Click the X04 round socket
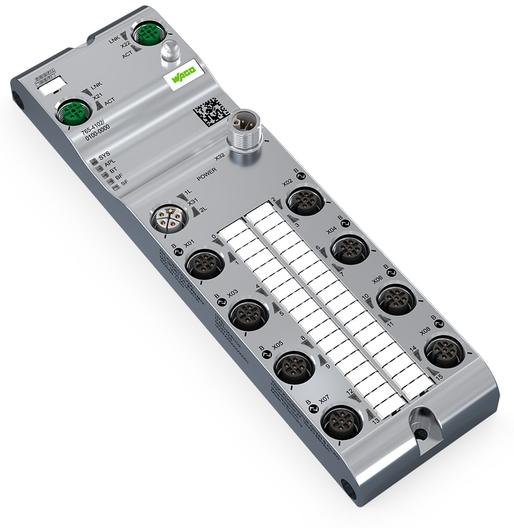point(350,247)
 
